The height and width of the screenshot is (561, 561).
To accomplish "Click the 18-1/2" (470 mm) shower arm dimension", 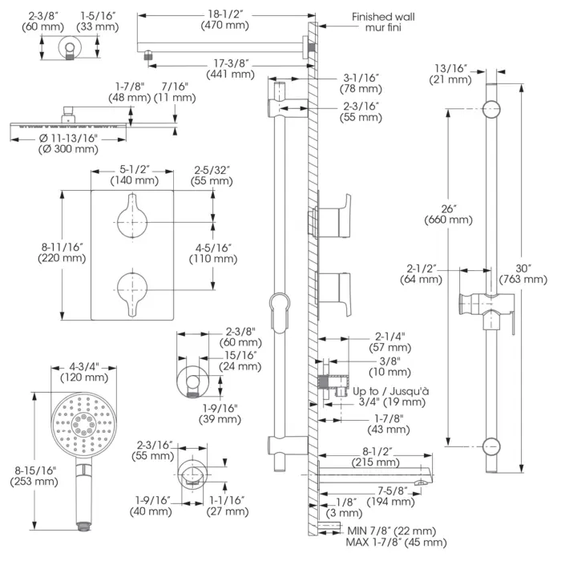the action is click(x=224, y=20).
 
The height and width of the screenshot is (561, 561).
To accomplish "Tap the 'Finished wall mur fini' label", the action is click(x=383, y=22).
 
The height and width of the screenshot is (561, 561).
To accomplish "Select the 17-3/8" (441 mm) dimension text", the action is click(x=231, y=69).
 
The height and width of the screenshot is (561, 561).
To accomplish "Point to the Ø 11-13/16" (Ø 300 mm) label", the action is click(x=68, y=143).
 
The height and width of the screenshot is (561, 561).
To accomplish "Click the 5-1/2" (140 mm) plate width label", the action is click(x=134, y=175).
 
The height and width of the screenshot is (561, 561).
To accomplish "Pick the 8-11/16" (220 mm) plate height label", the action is click(x=62, y=252).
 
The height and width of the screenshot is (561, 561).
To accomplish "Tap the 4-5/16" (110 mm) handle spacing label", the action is click(x=213, y=253).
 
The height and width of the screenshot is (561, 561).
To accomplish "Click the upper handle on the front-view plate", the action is click(x=132, y=217).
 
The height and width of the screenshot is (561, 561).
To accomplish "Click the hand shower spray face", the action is click(x=83, y=425).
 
